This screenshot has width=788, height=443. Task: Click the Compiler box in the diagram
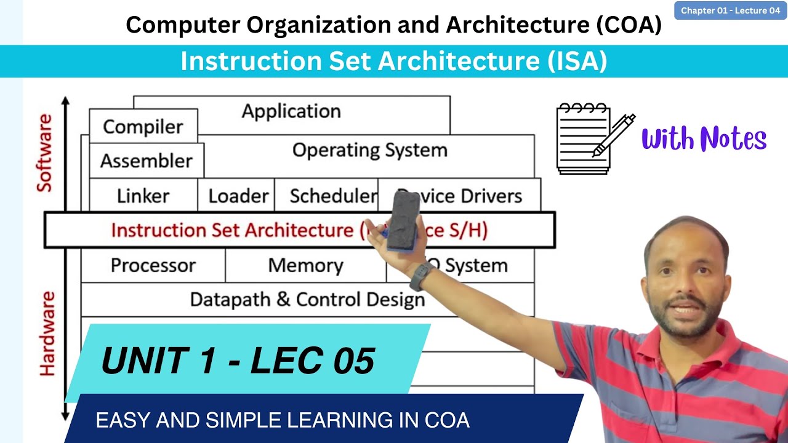pos(143,126)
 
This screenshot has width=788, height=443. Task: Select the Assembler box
pos(146,161)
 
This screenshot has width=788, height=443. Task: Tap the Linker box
pos(143,196)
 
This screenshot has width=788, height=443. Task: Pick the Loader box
pos(238,196)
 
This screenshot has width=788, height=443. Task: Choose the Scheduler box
pos(332,196)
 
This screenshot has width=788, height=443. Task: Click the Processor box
pos(153,265)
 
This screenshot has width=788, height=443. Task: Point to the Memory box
pos(305,265)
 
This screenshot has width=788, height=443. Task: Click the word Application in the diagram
pos(291,111)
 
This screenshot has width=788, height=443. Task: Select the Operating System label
pos(369,150)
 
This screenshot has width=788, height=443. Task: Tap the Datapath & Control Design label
pos(307,300)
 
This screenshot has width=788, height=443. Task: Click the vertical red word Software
pos(45,153)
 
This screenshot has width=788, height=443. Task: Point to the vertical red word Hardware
pos(47,333)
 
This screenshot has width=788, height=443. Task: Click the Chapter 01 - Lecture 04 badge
pos(730,10)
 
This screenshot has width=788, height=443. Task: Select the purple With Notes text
pos(704,139)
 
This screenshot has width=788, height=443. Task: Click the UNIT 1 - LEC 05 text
pos(238,361)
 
